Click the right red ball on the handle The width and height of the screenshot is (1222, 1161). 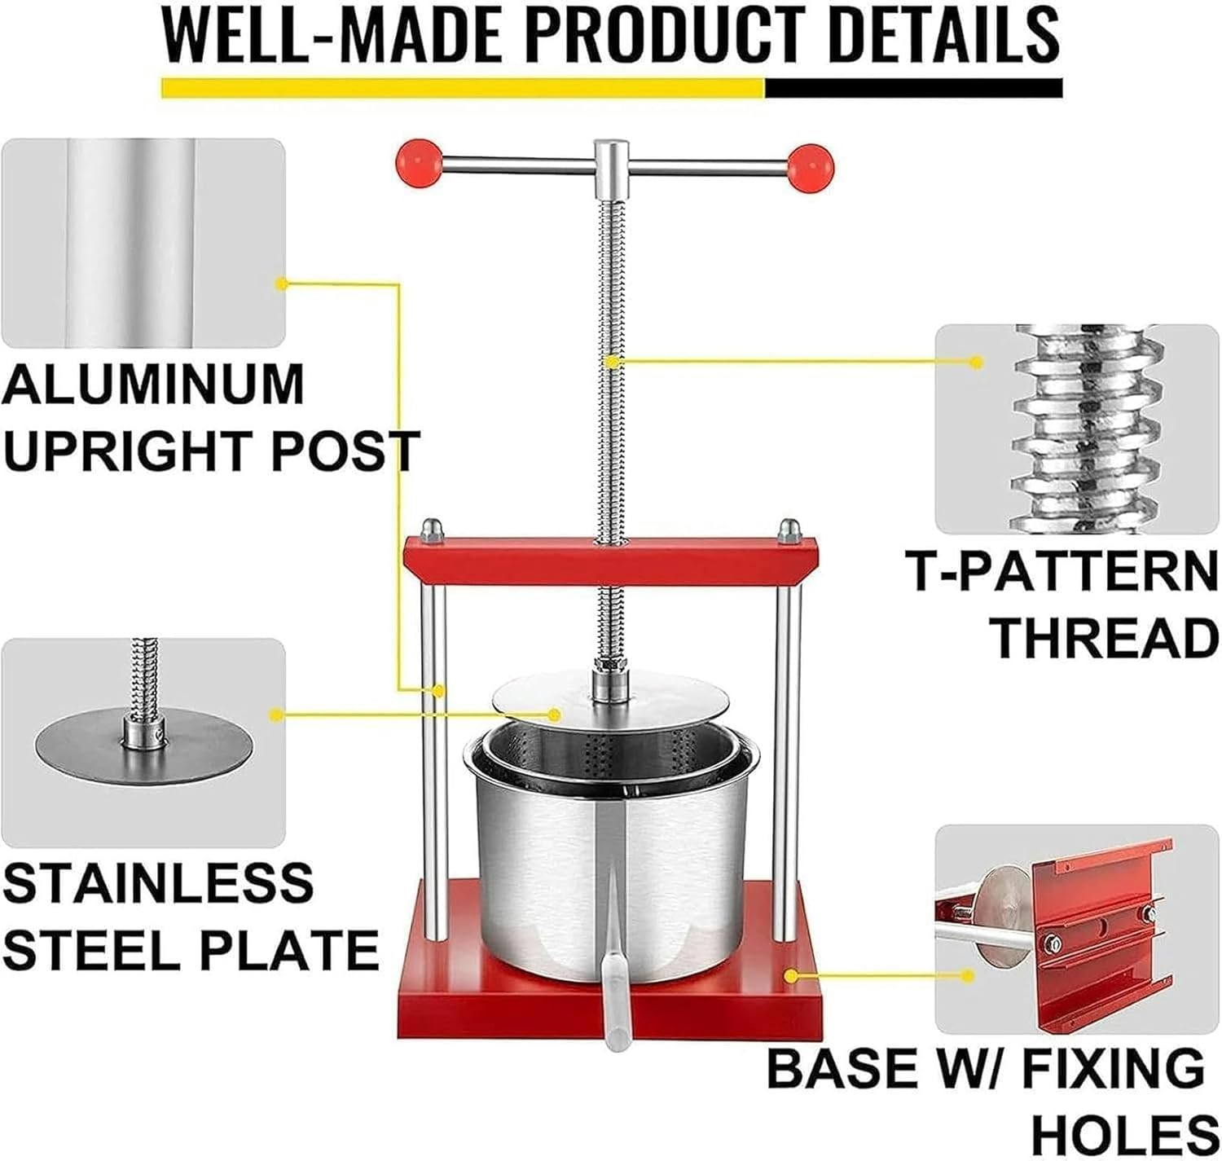(x=811, y=167)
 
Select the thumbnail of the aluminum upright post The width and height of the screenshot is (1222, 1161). (x=144, y=242)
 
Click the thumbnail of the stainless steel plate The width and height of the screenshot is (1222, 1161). (x=144, y=741)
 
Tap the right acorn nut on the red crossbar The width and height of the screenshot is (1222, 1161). (x=789, y=531)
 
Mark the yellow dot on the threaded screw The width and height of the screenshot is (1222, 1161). (x=611, y=359)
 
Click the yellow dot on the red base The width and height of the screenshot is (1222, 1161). (x=789, y=974)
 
